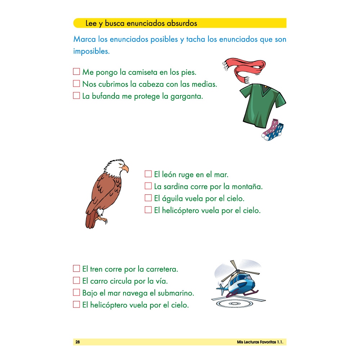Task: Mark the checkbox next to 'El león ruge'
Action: click(x=148, y=174)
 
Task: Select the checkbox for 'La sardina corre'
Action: click(x=148, y=186)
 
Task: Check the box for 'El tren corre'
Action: click(x=76, y=268)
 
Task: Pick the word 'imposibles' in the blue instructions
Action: click(x=91, y=51)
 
